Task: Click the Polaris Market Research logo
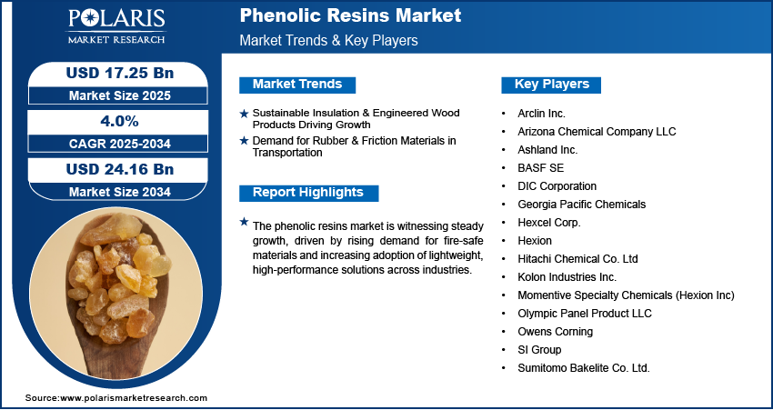pyautogui.click(x=115, y=26)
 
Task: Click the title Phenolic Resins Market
pyautogui.click(x=350, y=15)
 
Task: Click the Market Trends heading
pyautogui.click(x=296, y=85)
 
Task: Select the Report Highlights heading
pyautogui.click(x=307, y=193)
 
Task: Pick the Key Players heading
pyautogui.click(x=552, y=85)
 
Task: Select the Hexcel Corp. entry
pyautogui.click(x=548, y=222)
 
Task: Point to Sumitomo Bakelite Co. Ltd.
pyautogui.click(x=583, y=368)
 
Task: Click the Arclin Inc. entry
pyautogui.click(x=541, y=113)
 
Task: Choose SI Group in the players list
pyautogui.click(x=539, y=350)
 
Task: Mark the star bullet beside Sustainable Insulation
pyautogui.click(x=243, y=113)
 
